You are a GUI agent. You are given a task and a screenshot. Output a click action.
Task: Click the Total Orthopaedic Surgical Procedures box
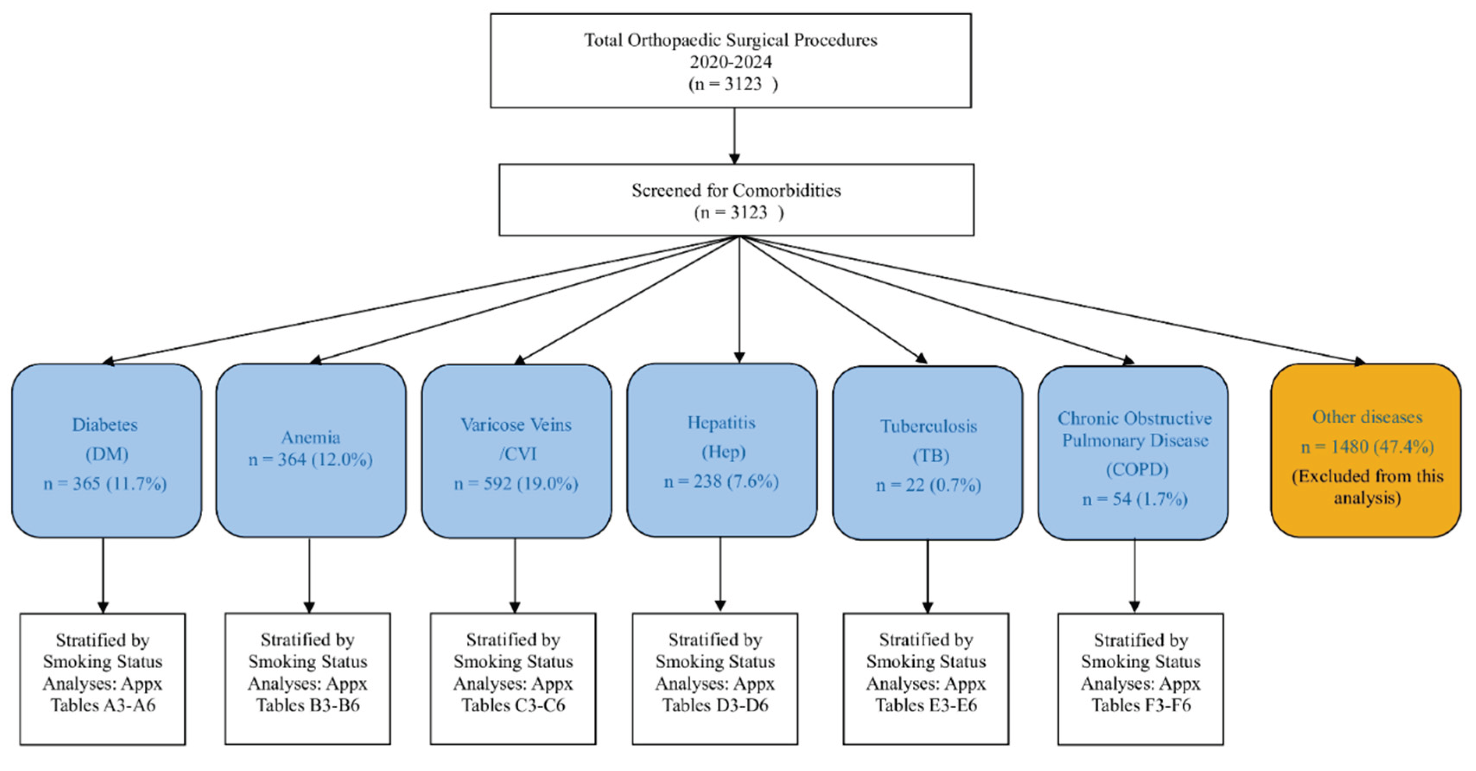[x=730, y=61]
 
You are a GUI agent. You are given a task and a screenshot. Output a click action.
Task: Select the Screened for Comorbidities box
[x=736, y=200]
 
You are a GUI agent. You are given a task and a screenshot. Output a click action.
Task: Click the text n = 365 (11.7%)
[x=105, y=484]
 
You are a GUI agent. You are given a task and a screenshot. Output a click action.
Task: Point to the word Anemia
[x=311, y=438]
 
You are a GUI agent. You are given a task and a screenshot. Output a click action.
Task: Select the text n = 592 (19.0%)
[x=516, y=484]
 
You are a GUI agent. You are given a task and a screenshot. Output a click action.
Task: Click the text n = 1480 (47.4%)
[x=1367, y=447]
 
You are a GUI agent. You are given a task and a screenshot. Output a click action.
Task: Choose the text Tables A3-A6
[x=103, y=705]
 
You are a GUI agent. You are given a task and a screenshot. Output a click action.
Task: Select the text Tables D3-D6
[x=715, y=705]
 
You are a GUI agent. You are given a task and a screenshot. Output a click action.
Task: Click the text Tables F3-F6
[x=1141, y=705]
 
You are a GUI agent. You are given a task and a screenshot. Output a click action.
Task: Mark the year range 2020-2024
[x=730, y=62]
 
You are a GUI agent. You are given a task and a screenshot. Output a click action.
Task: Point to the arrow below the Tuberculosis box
[x=928, y=576]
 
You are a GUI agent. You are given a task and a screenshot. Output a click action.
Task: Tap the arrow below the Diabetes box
[x=103, y=576]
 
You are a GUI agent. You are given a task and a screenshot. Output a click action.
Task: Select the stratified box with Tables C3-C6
[x=514, y=679]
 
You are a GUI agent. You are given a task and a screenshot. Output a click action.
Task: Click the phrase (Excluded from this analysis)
[x=1367, y=487]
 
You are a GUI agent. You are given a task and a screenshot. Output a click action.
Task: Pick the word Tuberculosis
[x=929, y=427]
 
